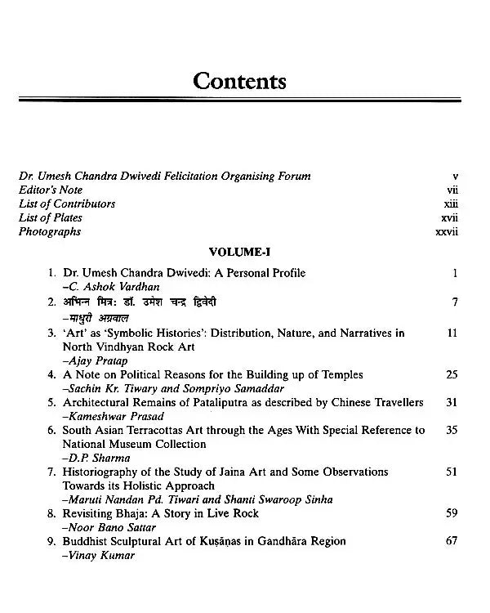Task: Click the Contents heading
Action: [x=239, y=81]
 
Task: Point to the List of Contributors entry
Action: [x=67, y=204]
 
